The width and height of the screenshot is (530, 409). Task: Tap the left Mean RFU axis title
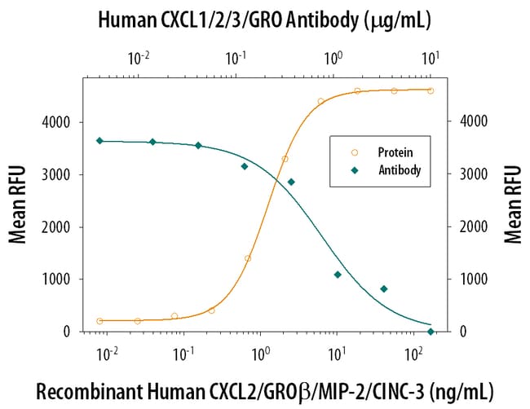click(x=17, y=204)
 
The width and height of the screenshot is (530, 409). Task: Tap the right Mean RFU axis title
click(x=513, y=204)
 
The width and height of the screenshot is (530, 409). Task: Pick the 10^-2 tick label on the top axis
click(x=140, y=59)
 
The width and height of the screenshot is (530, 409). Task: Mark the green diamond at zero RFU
click(x=431, y=331)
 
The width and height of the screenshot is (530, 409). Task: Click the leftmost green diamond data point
click(x=99, y=141)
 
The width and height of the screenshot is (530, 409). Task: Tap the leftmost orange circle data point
click(x=99, y=321)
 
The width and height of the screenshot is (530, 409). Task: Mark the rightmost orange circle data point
click(x=431, y=90)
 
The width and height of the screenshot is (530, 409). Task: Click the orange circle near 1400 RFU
click(x=247, y=258)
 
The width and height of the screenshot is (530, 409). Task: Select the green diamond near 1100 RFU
click(x=337, y=275)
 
